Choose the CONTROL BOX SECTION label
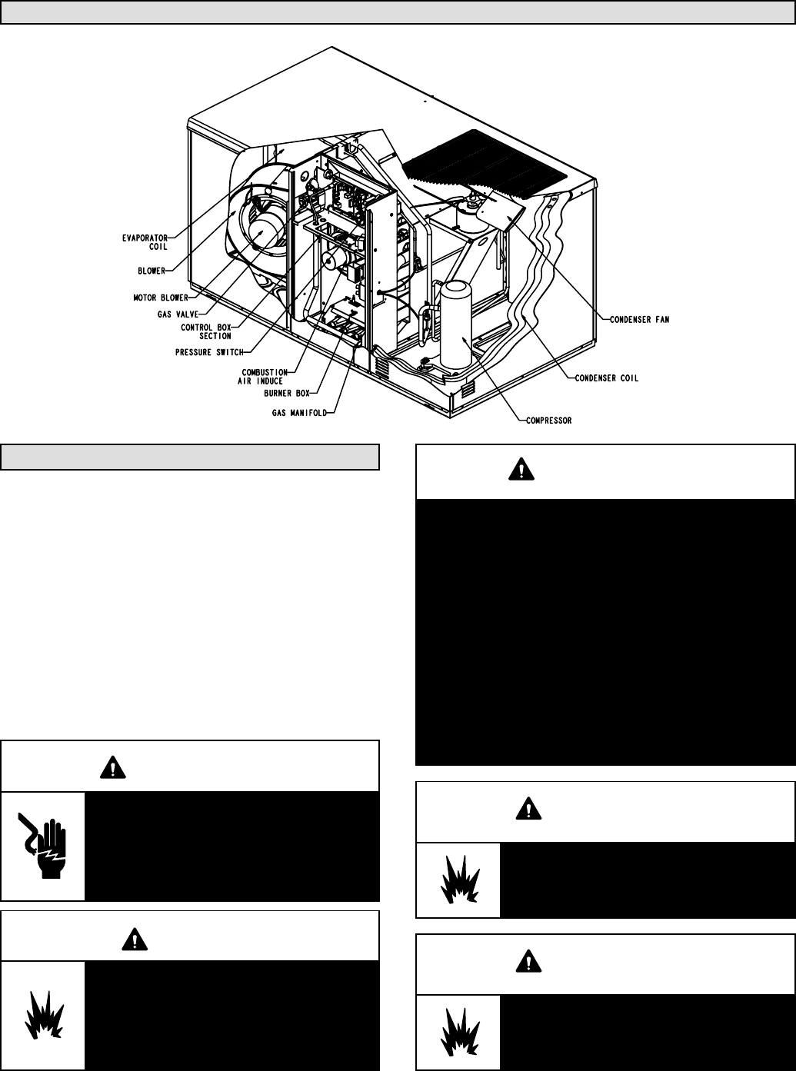pyautogui.click(x=205, y=331)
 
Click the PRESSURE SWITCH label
pyautogui.click(x=209, y=352)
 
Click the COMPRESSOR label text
pyautogui.click(x=548, y=421)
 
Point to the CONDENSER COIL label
pyautogui.click(x=608, y=378)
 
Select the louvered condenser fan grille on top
pyautogui.click(x=492, y=165)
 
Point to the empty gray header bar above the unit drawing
pyautogui.click(x=398, y=13)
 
